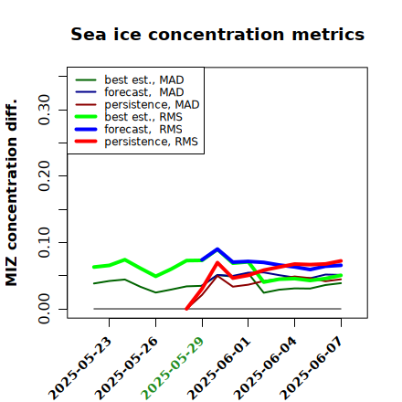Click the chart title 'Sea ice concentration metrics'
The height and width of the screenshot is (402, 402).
pyautogui.click(x=217, y=34)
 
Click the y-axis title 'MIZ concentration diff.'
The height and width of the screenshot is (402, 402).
pyautogui.click(x=12, y=193)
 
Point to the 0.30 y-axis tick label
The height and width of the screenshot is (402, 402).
pyautogui.click(x=45, y=110)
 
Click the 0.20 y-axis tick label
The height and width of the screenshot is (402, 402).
pyautogui.click(x=45, y=176)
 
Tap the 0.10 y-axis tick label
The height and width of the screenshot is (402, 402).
pyautogui.click(x=45, y=242)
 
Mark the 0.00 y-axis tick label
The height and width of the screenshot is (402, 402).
pyautogui.click(x=45, y=309)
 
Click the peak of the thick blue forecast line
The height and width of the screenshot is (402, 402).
pyautogui.click(x=217, y=249)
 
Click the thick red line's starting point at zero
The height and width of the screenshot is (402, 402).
pyautogui.click(x=186, y=309)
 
